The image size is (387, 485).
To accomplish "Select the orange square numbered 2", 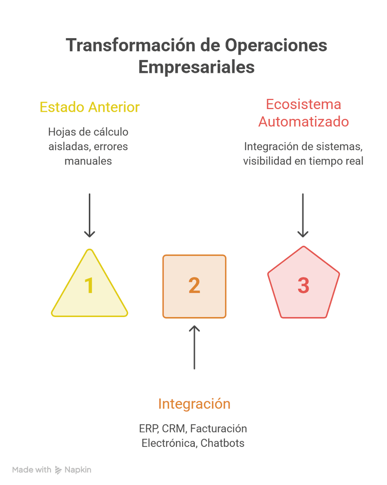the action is [194, 286].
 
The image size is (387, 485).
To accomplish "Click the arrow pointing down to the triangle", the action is [89, 215].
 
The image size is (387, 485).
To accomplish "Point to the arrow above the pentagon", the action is [303, 215].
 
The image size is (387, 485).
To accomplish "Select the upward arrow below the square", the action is [194, 347].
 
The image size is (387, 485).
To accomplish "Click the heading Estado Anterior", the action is [90, 107].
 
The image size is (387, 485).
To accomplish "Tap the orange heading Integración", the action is [194, 403].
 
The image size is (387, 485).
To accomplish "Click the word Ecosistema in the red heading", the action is [303, 104].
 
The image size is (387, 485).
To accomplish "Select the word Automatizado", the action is [303, 122].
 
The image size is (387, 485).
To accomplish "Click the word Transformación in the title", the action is [130, 45].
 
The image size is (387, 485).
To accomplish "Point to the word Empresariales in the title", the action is [196, 67].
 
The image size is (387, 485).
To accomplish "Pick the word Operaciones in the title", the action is [276, 46].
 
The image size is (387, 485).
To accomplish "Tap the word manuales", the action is [88, 161].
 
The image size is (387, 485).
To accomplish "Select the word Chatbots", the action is [222, 443].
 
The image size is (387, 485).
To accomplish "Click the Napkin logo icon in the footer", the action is [58, 470].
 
